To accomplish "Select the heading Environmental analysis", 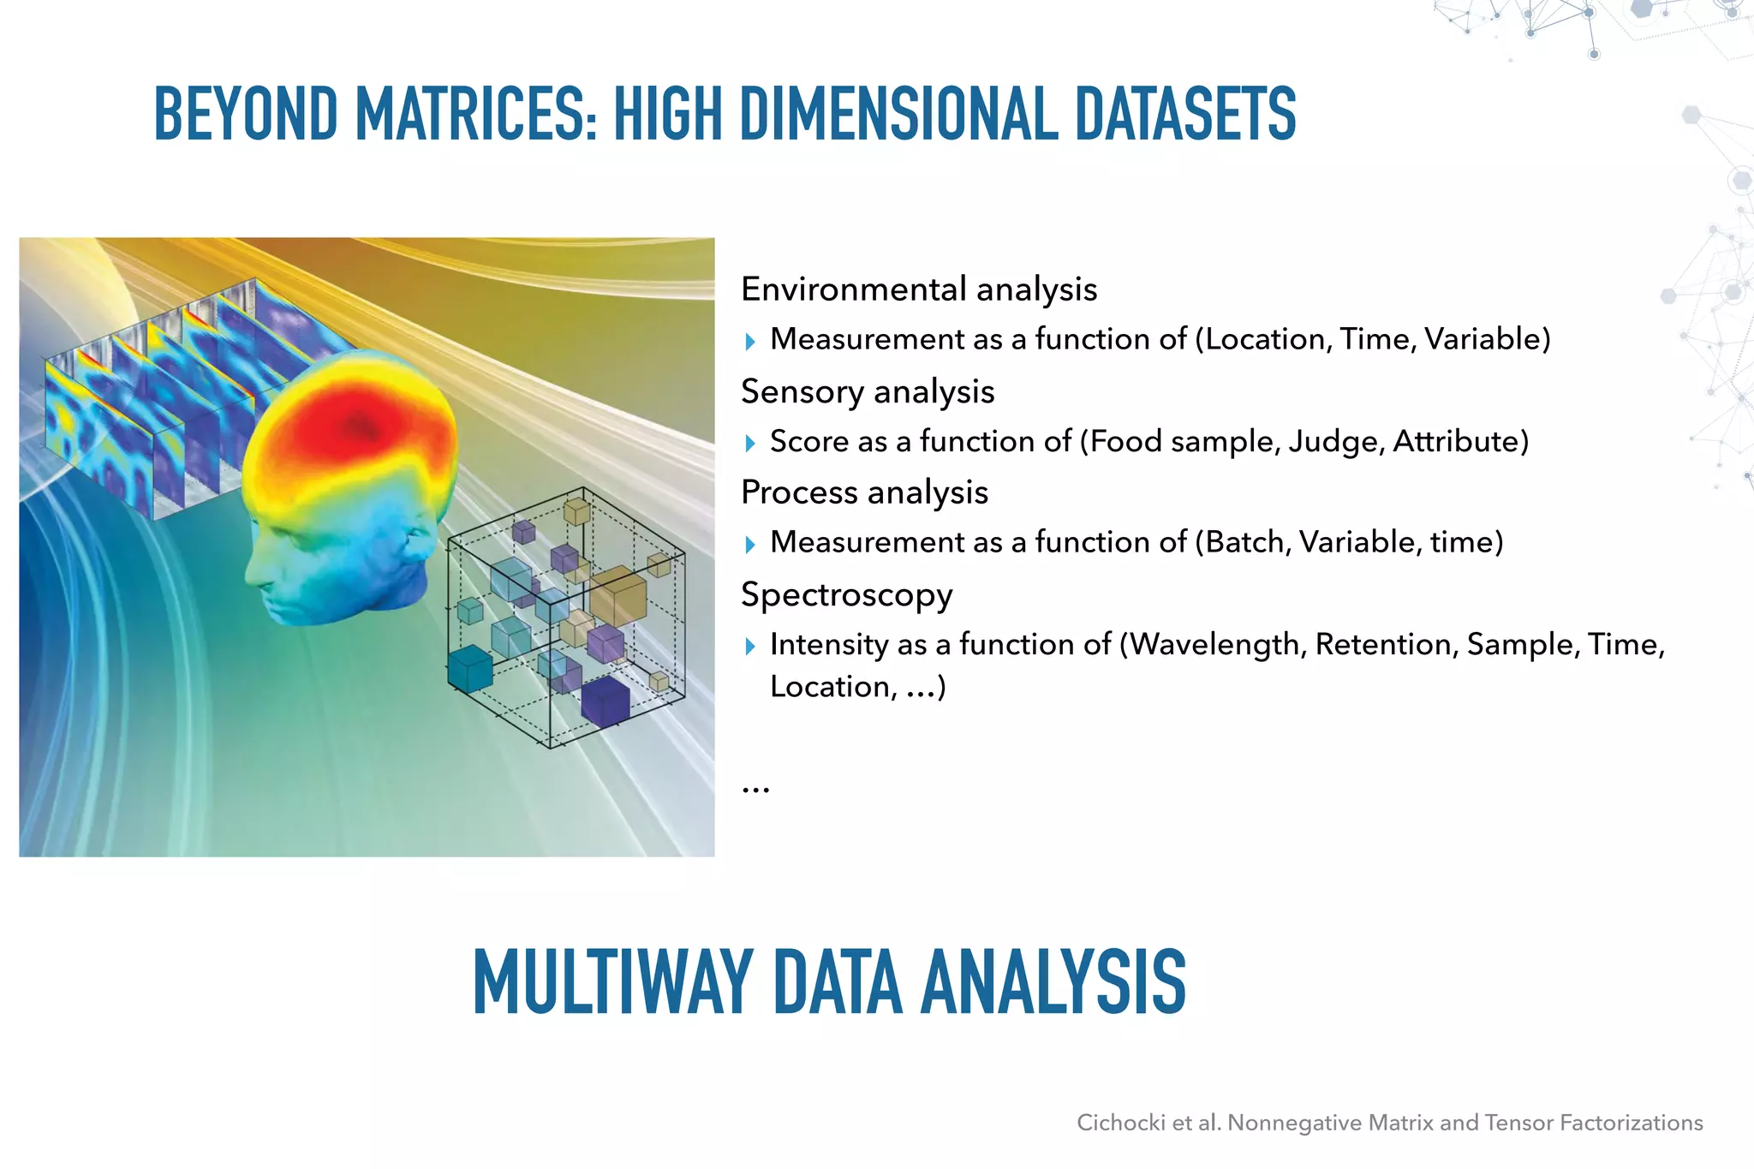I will tap(919, 289).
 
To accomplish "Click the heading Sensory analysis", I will tap(868, 391).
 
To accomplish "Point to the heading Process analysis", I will tap(864, 492).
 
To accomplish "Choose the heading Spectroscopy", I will tap(846, 594).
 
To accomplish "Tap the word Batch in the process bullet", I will tap(1242, 542).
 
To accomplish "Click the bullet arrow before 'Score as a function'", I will tap(750, 443).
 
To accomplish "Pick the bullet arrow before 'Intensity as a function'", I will tap(750, 646).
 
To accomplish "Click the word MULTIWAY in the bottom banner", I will tap(612, 982).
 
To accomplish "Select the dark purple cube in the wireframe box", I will tap(606, 701).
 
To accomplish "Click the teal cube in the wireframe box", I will tap(470, 669).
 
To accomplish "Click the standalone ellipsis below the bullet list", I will tap(755, 789).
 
